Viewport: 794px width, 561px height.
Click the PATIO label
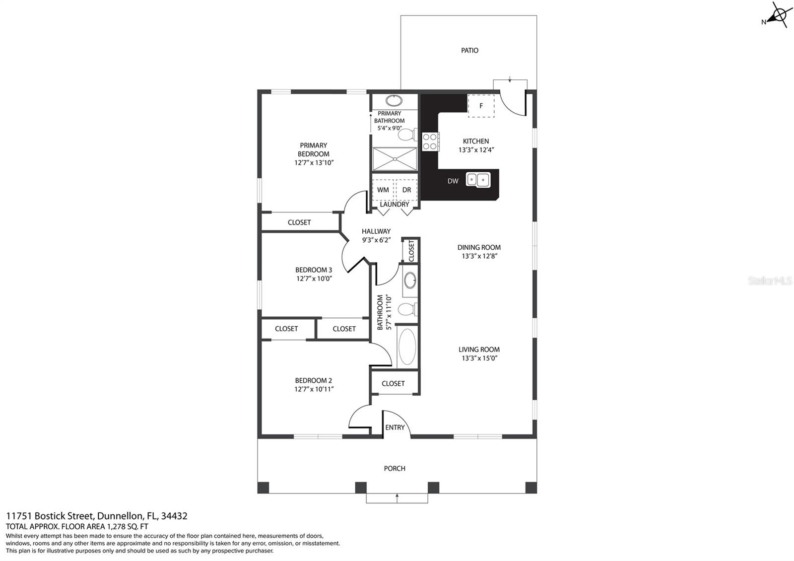pyautogui.click(x=469, y=50)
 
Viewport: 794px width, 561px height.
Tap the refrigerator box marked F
pyautogui.click(x=481, y=106)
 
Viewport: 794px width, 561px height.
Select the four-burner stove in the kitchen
pyautogui.click(x=431, y=141)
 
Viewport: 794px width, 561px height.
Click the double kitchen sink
pyautogui.click(x=478, y=180)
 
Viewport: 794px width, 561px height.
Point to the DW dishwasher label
pyautogui.click(x=453, y=181)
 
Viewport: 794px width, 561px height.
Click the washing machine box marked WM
pyautogui.click(x=383, y=190)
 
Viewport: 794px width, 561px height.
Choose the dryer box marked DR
pyautogui.click(x=406, y=190)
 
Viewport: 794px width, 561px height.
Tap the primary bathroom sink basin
pyautogui.click(x=394, y=101)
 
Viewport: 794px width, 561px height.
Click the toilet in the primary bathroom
pyautogui.click(x=407, y=135)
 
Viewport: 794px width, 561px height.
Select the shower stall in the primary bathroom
pyautogui.click(x=395, y=159)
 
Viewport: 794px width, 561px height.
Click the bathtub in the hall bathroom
pyautogui.click(x=407, y=347)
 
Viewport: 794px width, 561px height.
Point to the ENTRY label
pyautogui.click(x=395, y=427)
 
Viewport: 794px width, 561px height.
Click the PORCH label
pyautogui.click(x=395, y=469)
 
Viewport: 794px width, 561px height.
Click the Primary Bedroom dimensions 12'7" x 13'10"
pyautogui.click(x=314, y=163)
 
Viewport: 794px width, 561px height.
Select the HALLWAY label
pyautogui.click(x=376, y=231)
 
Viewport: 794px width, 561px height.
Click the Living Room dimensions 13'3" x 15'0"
pyautogui.click(x=479, y=358)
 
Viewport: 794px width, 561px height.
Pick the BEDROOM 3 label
pyautogui.click(x=314, y=270)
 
